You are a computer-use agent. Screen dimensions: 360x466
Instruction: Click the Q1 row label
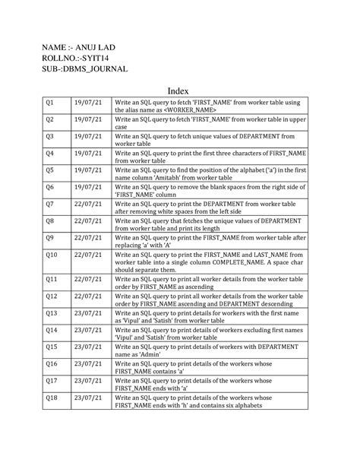tap(50, 102)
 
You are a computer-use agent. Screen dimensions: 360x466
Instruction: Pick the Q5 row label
tap(50, 170)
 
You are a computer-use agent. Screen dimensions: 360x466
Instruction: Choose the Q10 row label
tap(52, 255)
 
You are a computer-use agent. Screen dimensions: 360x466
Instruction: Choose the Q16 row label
tap(52, 363)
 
